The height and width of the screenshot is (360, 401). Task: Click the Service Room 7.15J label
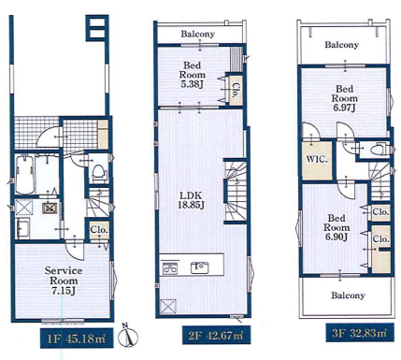(x=64, y=281)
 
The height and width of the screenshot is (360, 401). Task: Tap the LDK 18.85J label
(x=191, y=200)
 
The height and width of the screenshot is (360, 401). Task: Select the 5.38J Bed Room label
(x=192, y=75)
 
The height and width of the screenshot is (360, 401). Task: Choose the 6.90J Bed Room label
(x=337, y=227)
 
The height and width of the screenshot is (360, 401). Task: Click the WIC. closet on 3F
(x=317, y=160)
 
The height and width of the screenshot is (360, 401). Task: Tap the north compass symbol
(x=129, y=336)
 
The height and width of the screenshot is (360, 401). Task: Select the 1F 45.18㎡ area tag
(x=77, y=338)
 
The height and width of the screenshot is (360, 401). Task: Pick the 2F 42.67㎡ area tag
(x=216, y=335)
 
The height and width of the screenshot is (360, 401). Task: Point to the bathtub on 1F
(x=24, y=175)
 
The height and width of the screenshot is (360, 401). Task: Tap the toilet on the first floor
(x=98, y=172)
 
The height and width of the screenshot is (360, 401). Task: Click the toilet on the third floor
(x=378, y=150)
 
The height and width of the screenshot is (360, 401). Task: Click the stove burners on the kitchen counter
(x=170, y=267)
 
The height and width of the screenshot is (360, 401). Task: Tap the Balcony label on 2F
(x=198, y=34)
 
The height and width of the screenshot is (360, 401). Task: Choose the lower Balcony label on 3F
(x=348, y=295)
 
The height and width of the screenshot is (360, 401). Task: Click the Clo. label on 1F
(x=99, y=230)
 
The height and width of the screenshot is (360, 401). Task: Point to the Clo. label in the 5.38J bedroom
(x=236, y=90)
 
